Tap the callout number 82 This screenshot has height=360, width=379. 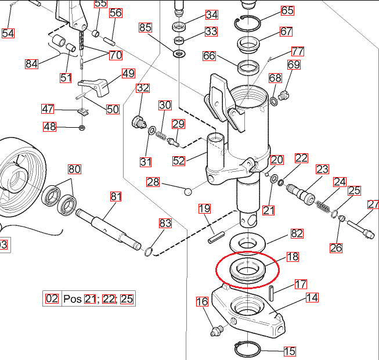297,233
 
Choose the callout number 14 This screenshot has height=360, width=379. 312,298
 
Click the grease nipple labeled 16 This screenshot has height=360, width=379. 215,330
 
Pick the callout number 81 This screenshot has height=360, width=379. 116,197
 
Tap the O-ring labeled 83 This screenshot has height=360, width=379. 149,251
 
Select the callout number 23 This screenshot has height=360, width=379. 322,169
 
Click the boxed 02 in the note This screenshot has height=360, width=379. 52,299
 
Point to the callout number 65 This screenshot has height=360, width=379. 287,10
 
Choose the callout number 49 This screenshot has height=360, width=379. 128,73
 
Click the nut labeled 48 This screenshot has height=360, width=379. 82,127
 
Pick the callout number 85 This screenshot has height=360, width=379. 145,27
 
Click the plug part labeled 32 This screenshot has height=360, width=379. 138,122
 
